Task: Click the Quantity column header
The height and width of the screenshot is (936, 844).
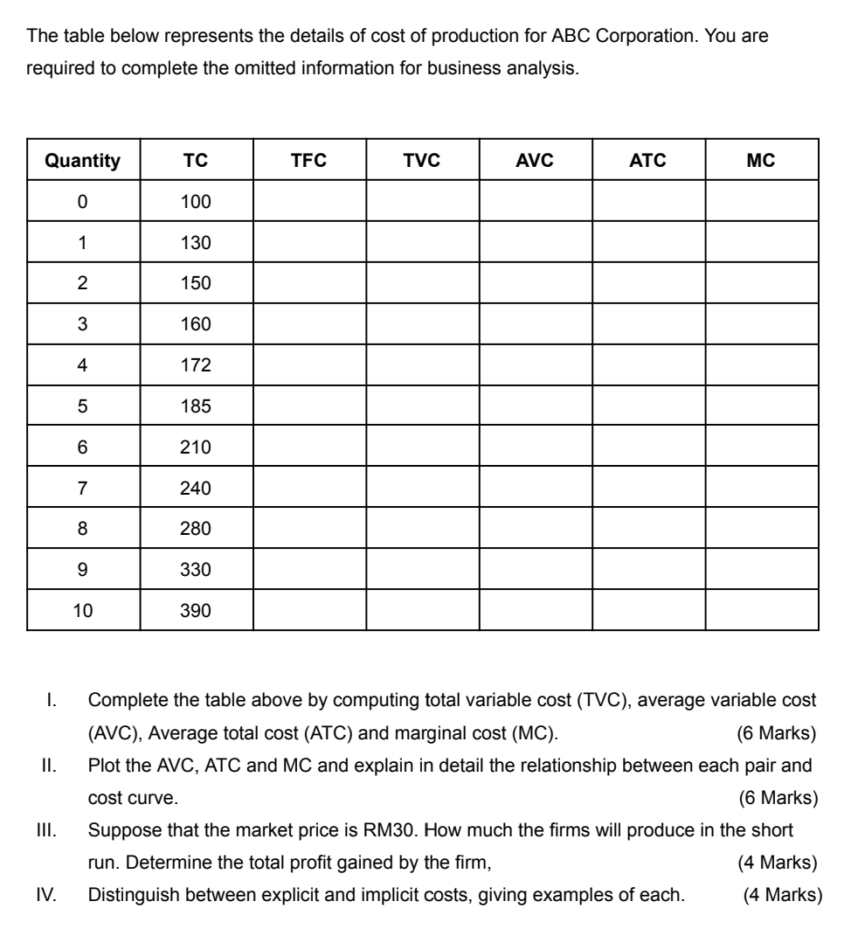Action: click(x=82, y=161)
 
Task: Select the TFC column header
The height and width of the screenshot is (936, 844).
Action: click(x=308, y=161)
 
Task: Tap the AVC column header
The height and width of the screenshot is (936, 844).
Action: click(x=535, y=161)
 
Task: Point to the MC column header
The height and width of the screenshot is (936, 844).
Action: click(x=761, y=161)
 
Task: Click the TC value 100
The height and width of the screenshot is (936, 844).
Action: click(x=196, y=202)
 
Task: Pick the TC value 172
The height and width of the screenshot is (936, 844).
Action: click(x=196, y=365)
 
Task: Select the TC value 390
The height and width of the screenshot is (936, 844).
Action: click(x=196, y=611)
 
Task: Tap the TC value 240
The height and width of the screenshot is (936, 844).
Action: click(x=196, y=489)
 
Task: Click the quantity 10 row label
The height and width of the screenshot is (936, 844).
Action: click(x=82, y=611)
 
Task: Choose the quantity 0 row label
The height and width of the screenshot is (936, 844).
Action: click(x=82, y=202)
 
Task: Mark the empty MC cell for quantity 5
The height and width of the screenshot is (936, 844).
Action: click(x=762, y=406)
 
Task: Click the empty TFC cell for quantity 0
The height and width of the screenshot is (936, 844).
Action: click(x=309, y=202)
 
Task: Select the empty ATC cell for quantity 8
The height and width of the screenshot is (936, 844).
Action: click(x=648, y=529)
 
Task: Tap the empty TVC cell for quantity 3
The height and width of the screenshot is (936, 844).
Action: click(x=422, y=324)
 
